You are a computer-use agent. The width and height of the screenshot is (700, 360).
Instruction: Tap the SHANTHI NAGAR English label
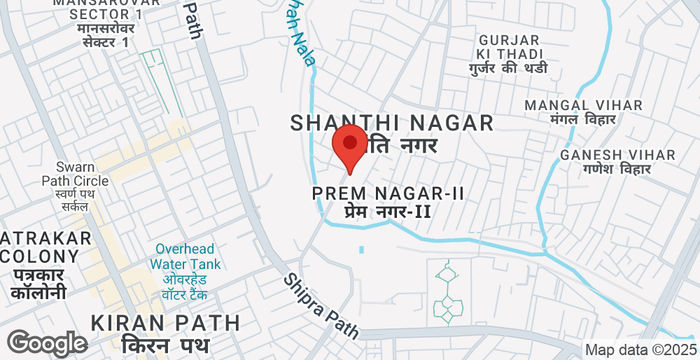[x=392, y=122]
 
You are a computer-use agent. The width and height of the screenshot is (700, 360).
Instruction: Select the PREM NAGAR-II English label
[x=388, y=191]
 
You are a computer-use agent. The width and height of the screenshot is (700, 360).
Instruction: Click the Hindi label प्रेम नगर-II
[x=387, y=211]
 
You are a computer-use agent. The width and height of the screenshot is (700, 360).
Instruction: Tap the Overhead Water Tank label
[x=187, y=256]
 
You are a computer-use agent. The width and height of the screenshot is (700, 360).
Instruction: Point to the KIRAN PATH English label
[x=165, y=322]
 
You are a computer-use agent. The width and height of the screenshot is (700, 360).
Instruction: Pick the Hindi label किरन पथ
[x=164, y=345]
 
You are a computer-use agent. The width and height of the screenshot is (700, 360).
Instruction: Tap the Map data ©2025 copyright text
[x=640, y=350]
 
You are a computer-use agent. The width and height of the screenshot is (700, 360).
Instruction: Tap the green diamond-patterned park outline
[x=447, y=292]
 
